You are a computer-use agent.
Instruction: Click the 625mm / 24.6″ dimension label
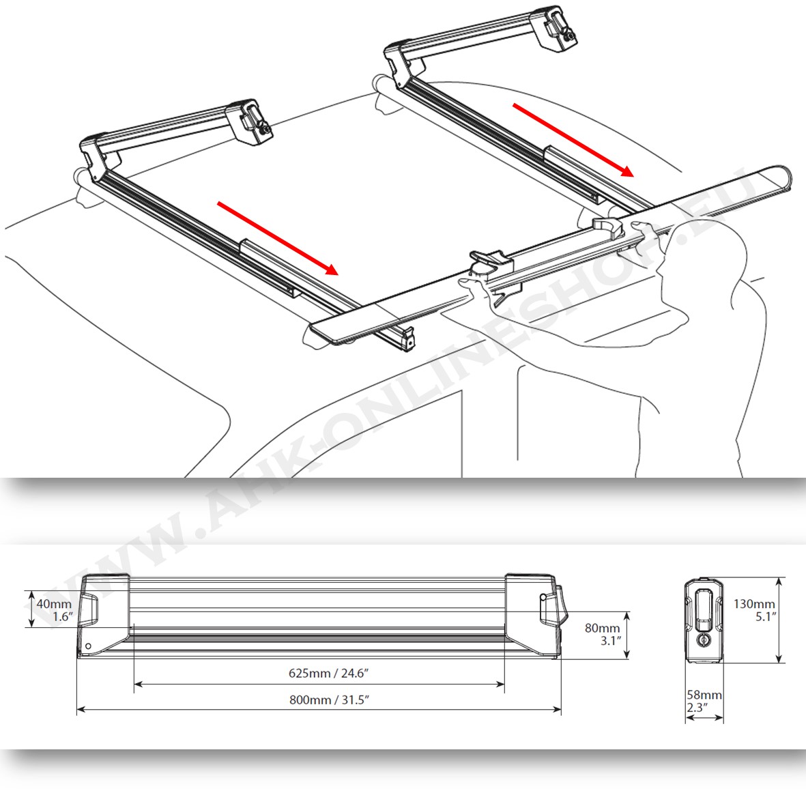click(329, 673)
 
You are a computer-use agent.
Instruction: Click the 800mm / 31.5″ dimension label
click(329, 700)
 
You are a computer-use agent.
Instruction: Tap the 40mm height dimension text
click(54, 609)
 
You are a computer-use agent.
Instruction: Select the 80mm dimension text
click(603, 634)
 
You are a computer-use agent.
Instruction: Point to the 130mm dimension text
click(754, 610)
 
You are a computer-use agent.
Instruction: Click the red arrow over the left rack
click(278, 238)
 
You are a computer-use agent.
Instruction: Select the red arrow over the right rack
click(574, 140)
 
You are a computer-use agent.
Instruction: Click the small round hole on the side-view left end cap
click(88, 646)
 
